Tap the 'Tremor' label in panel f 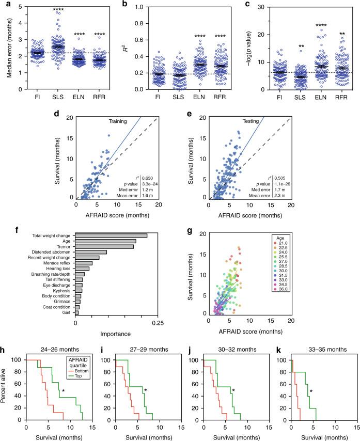[x=65, y=246]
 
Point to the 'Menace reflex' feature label [x=57, y=263]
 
